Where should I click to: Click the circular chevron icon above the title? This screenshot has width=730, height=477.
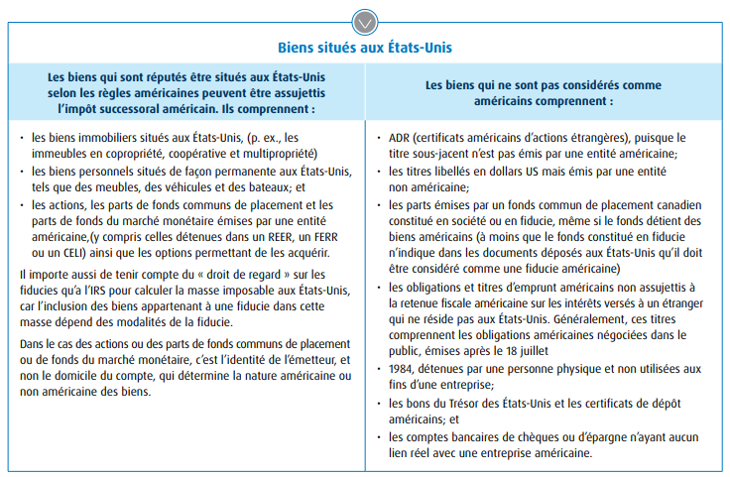tap(364, 19)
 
